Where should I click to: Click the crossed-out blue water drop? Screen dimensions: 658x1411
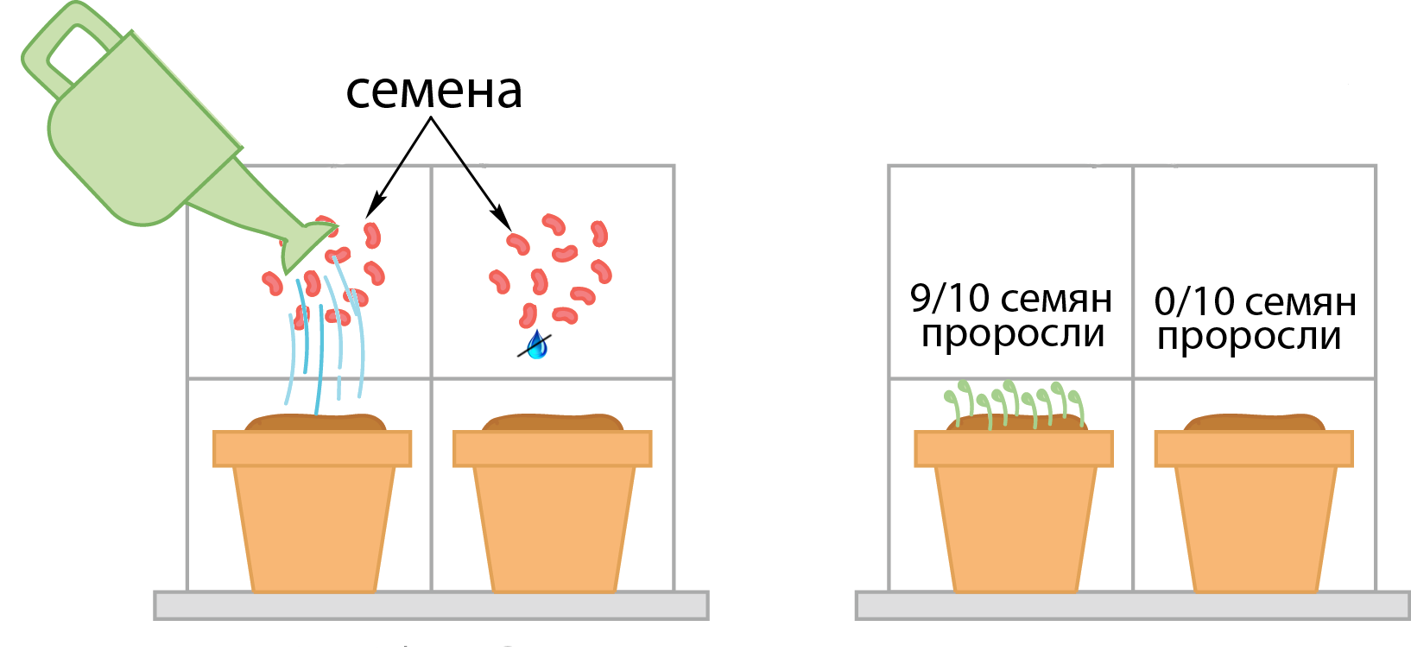click(537, 345)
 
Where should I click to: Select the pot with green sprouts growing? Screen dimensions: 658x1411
click(1014, 518)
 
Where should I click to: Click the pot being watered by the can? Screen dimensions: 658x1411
click(313, 518)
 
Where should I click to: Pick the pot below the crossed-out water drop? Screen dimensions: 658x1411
click(553, 518)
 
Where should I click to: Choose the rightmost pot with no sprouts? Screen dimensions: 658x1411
click(1254, 518)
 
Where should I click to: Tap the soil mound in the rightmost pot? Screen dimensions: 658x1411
click(1254, 422)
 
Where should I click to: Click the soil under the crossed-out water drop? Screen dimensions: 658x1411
click(553, 422)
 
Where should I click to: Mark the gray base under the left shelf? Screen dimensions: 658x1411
click(431, 605)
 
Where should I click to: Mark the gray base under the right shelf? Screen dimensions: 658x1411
click(1132, 605)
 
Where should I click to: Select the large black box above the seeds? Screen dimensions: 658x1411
click(442, 173)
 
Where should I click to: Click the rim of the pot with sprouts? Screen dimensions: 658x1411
click(1014, 449)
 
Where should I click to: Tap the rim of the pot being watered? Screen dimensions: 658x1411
click(313, 449)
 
